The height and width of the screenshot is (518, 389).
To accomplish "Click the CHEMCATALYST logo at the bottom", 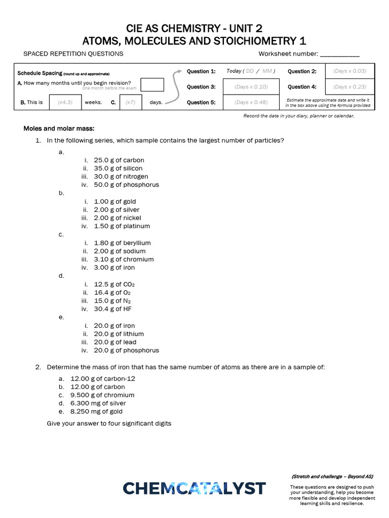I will [194, 488].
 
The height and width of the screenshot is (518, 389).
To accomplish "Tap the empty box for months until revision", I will [152, 84].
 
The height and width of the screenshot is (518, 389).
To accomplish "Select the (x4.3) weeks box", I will [65, 102].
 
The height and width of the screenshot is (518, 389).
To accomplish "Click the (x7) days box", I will [130, 102].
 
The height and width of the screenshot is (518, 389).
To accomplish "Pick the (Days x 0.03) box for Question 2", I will [349, 71].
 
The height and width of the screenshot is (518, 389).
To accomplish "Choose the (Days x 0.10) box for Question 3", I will [251, 87].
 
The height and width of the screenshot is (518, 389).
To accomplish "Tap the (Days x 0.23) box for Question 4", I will [349, 87].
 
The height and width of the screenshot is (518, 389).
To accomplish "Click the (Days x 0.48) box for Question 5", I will [251, 102].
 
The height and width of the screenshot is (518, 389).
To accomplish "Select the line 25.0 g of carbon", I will [119, 160].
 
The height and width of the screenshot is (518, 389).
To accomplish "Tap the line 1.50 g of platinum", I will [122, 226].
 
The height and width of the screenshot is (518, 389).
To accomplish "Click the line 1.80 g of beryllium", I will [122, 243].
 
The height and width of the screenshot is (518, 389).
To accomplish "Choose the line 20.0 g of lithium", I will [119, 334].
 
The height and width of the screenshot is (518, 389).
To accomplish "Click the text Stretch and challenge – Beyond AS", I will [332, 477].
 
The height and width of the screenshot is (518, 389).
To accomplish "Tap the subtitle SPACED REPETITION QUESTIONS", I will [73, 54].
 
